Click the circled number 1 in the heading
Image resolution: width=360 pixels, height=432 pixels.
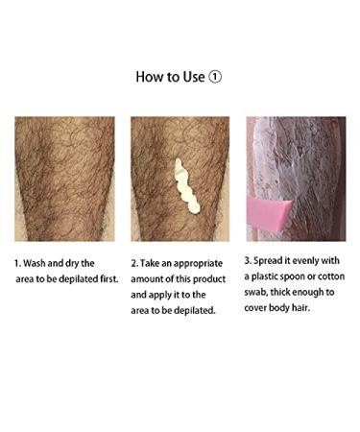click(x=215, y=77)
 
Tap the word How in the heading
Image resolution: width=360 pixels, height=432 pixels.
click(x=150, y=77)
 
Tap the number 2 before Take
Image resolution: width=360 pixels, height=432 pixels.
click(x=134, y=262)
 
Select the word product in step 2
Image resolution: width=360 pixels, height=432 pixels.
click(x=208, y=278)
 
